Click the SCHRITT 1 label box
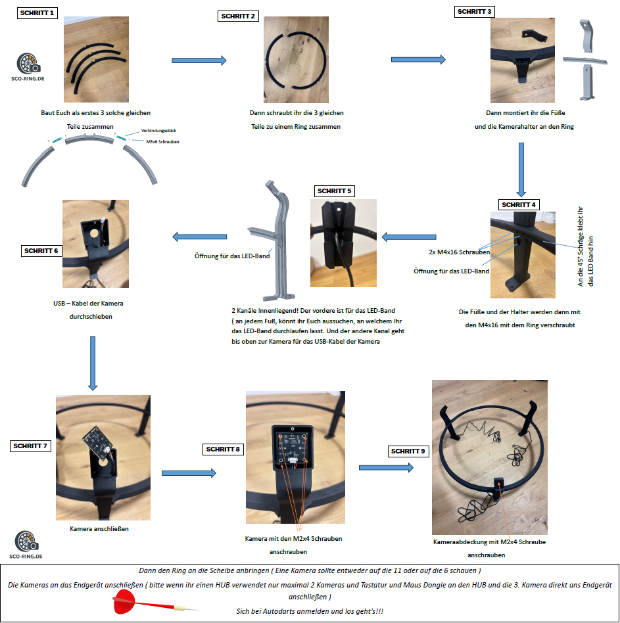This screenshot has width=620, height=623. click(38, 12)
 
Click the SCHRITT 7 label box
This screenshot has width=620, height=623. click(31, 446)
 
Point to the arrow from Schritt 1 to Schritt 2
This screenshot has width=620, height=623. click(199, 60)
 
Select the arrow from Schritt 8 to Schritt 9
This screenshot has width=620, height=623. click(386, 467)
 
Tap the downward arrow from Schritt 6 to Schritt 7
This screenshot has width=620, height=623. click(93, 362)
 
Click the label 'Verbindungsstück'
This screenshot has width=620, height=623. click(160, 131)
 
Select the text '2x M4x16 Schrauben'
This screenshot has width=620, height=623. click(454, 252)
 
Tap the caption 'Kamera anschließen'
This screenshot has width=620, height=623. click(95, 528)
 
